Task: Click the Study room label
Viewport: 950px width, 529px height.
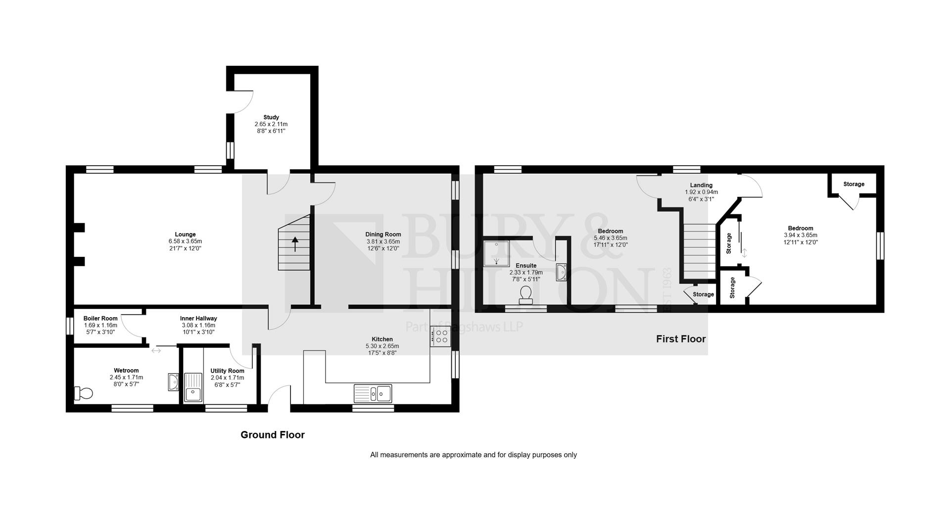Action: pos(271,117)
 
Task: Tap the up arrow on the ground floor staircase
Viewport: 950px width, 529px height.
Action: pos(295,244)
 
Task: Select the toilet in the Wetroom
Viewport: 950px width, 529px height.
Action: pos(84,393)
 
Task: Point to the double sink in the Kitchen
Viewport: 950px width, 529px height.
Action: pos(373,393)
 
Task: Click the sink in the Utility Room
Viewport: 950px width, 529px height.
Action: pos(193,387)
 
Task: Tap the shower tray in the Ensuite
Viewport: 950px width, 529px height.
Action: pos(496,254)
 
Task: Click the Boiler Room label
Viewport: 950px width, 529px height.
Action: pos(100,318)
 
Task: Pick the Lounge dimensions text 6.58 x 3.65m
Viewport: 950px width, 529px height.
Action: pos(185,241)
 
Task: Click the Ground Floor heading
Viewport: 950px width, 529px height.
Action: pos(273,434)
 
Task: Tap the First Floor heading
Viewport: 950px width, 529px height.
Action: pos(681,339)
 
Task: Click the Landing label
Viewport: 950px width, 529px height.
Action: pos(701,185)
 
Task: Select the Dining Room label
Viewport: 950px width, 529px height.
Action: pos(383,235)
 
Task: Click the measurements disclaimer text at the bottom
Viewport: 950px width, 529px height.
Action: pos(474,455)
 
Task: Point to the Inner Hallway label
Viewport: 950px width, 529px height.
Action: pos(198,318)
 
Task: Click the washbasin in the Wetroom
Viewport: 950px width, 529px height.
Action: pos(173,382)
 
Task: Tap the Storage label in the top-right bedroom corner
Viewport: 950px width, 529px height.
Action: pos(854,184)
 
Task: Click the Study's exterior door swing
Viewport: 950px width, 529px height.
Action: pos(243,101)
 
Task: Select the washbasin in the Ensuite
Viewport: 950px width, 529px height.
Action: pos(561,272)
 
